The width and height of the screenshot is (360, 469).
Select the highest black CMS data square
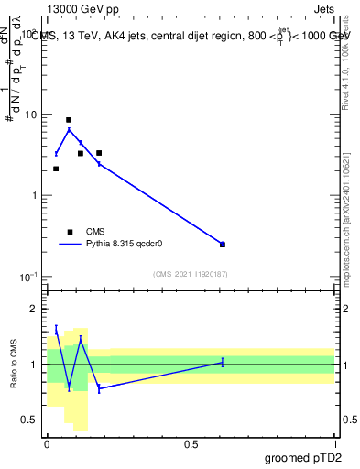tap(69, 120)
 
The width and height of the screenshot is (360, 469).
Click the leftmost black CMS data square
tap(56, 169)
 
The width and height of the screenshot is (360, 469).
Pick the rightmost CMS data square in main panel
tap(223, 245)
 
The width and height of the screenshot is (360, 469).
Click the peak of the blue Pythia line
tap(69, 129)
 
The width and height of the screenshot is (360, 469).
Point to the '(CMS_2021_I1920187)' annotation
tap(191, 274)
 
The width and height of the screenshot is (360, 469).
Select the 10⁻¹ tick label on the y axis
tap(29, 277)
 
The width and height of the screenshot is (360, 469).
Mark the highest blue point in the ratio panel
tap(56, 329)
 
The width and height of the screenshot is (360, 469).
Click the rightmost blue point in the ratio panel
tap(223, 363)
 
